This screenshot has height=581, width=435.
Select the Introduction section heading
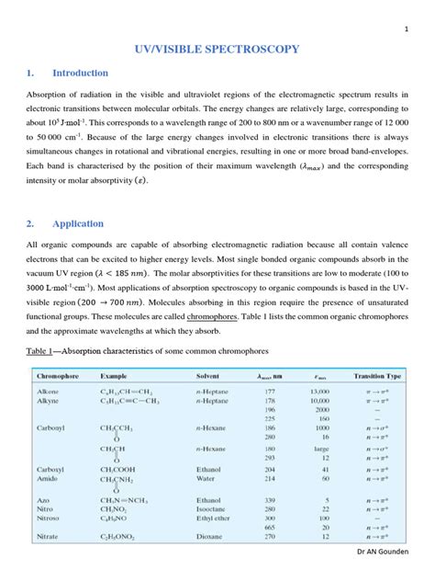pyautogui.click(x=80, y=73)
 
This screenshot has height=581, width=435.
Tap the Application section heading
pyautogui.click(x=78, y=223)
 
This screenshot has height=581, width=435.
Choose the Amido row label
pyautogui.click(x=48, y=478)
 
